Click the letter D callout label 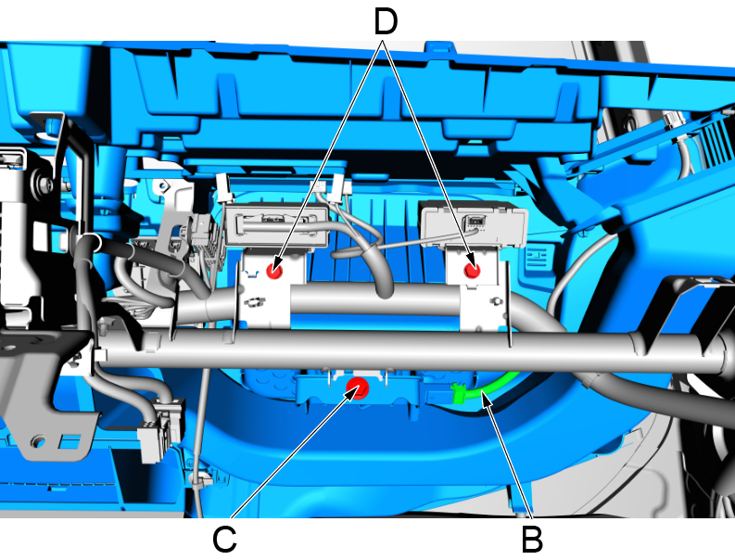pos(386,22)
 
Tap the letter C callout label pos(224,540)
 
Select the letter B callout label pos(532,540)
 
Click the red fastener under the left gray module pos(274,271)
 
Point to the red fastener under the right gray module pos(472,271)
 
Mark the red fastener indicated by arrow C pos(358,388)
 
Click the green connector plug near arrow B pos(459,393)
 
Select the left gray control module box pos(276,225)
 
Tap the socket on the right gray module pos(475,221)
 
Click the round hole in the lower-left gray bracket pos(37,441)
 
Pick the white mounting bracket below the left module pos(269,288)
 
